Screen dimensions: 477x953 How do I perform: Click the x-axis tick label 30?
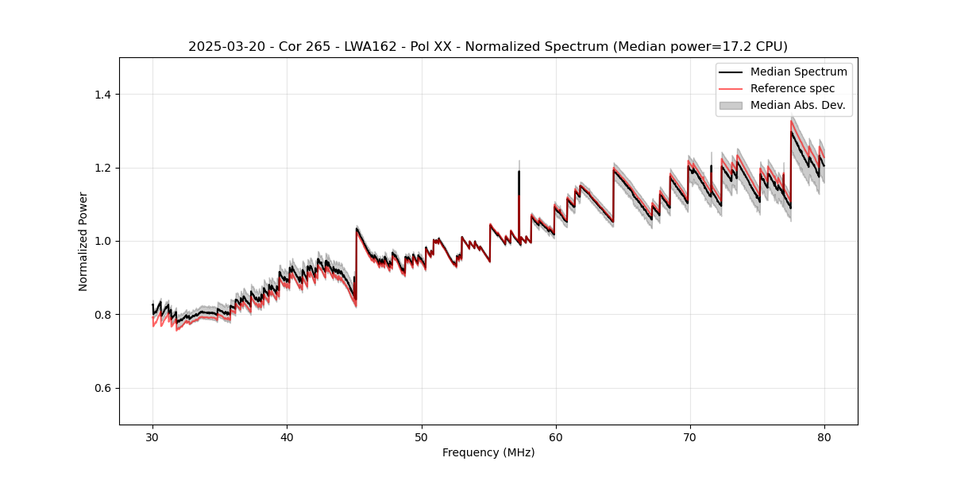tap(153, 436)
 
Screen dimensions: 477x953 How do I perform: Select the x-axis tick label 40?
tap(287, 436)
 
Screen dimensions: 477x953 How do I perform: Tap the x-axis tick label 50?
tap(422, 436)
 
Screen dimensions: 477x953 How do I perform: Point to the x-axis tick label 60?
tap(556, 436)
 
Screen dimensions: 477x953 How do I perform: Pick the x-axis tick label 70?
tap(690, 436)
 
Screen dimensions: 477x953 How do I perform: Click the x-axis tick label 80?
tap(824, 436)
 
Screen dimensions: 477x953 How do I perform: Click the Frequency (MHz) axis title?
tap(488, 452)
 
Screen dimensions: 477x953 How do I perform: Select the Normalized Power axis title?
tap(83, 241)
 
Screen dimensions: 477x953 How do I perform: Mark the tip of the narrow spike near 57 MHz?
tap(519, 171)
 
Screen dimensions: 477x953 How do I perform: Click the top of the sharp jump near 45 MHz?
tap(357, 228)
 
